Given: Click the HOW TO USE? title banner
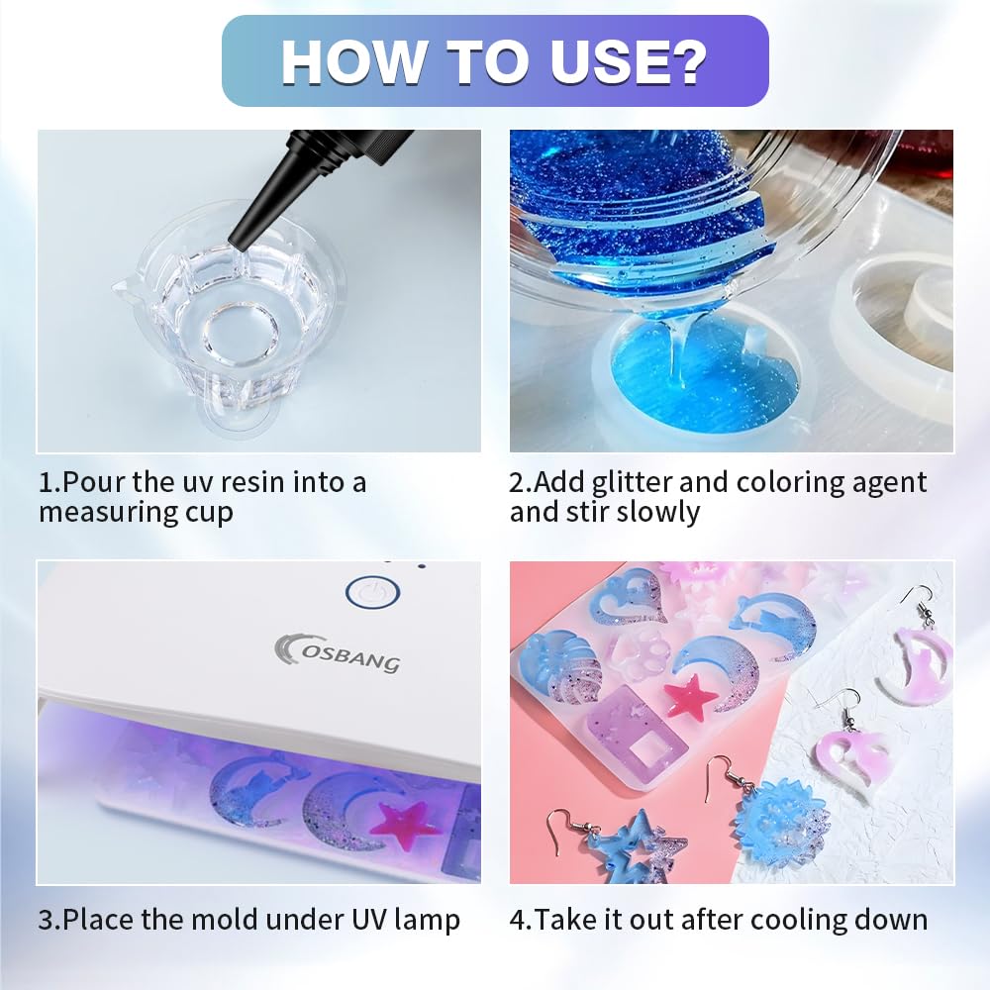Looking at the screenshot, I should (x=495, y=61).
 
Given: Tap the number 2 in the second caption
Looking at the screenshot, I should (x=518, y=483).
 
